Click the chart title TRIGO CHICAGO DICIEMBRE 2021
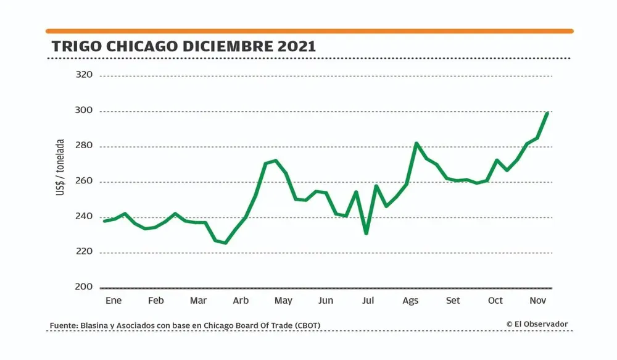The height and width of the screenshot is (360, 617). coord(184,46)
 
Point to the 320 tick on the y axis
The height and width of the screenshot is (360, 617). coord(83,75)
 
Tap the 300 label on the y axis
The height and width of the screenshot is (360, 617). coord(83,111)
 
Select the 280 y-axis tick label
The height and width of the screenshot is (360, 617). coord(83,146)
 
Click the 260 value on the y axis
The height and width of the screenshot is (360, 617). coord(83,182)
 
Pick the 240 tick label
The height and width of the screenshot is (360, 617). coord(83,217)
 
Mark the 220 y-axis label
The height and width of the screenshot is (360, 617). coord(83,252)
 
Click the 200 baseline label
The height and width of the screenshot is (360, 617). coord(83,287)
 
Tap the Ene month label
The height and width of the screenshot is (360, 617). coord(114,301)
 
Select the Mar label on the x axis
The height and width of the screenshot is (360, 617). coord(198,301)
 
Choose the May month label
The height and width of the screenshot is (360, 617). coord(283,301)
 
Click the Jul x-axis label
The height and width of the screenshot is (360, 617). coord(368,301)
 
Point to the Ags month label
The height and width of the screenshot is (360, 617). coord(410,301)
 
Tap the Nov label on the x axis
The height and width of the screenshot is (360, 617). coord(537,301)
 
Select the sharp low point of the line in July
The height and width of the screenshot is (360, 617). coord(366,233)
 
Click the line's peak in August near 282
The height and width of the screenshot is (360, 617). coord(416,143)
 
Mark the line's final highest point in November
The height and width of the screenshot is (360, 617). coord(547,113)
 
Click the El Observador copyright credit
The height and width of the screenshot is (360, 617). coord(537,324)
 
